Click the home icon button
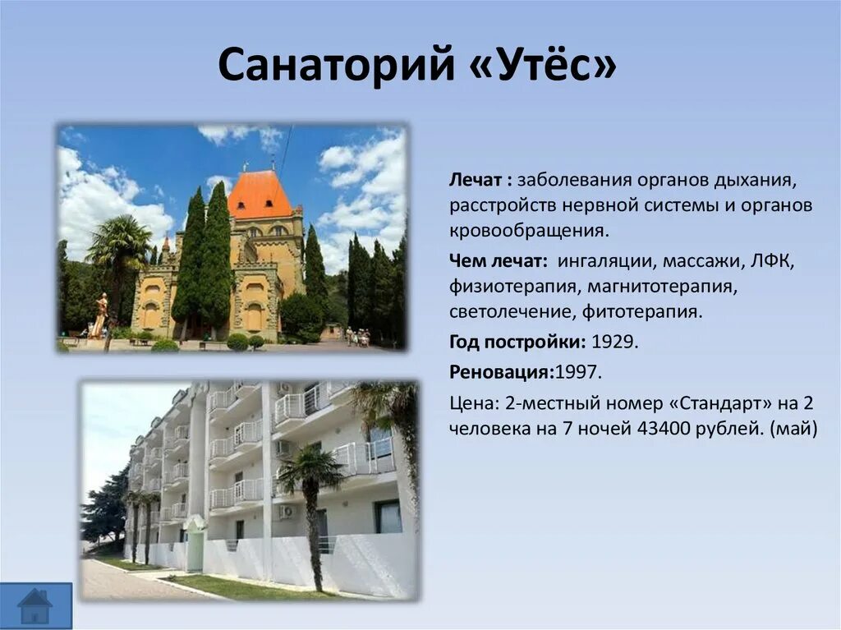(35, 605)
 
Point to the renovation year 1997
(580, 372)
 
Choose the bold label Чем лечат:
(499, 260)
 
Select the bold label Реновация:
(502, 372)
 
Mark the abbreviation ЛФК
(772, 260)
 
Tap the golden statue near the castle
(100, 316)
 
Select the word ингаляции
(604, 260)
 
